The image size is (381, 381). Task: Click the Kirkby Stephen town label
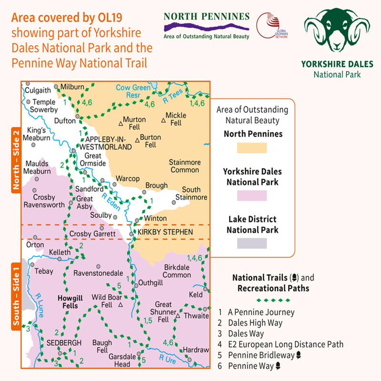[x=165, y=232]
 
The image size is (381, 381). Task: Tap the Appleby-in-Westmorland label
[x=108, y=143]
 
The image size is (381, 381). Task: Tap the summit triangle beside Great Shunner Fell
[x=178, y=315]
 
